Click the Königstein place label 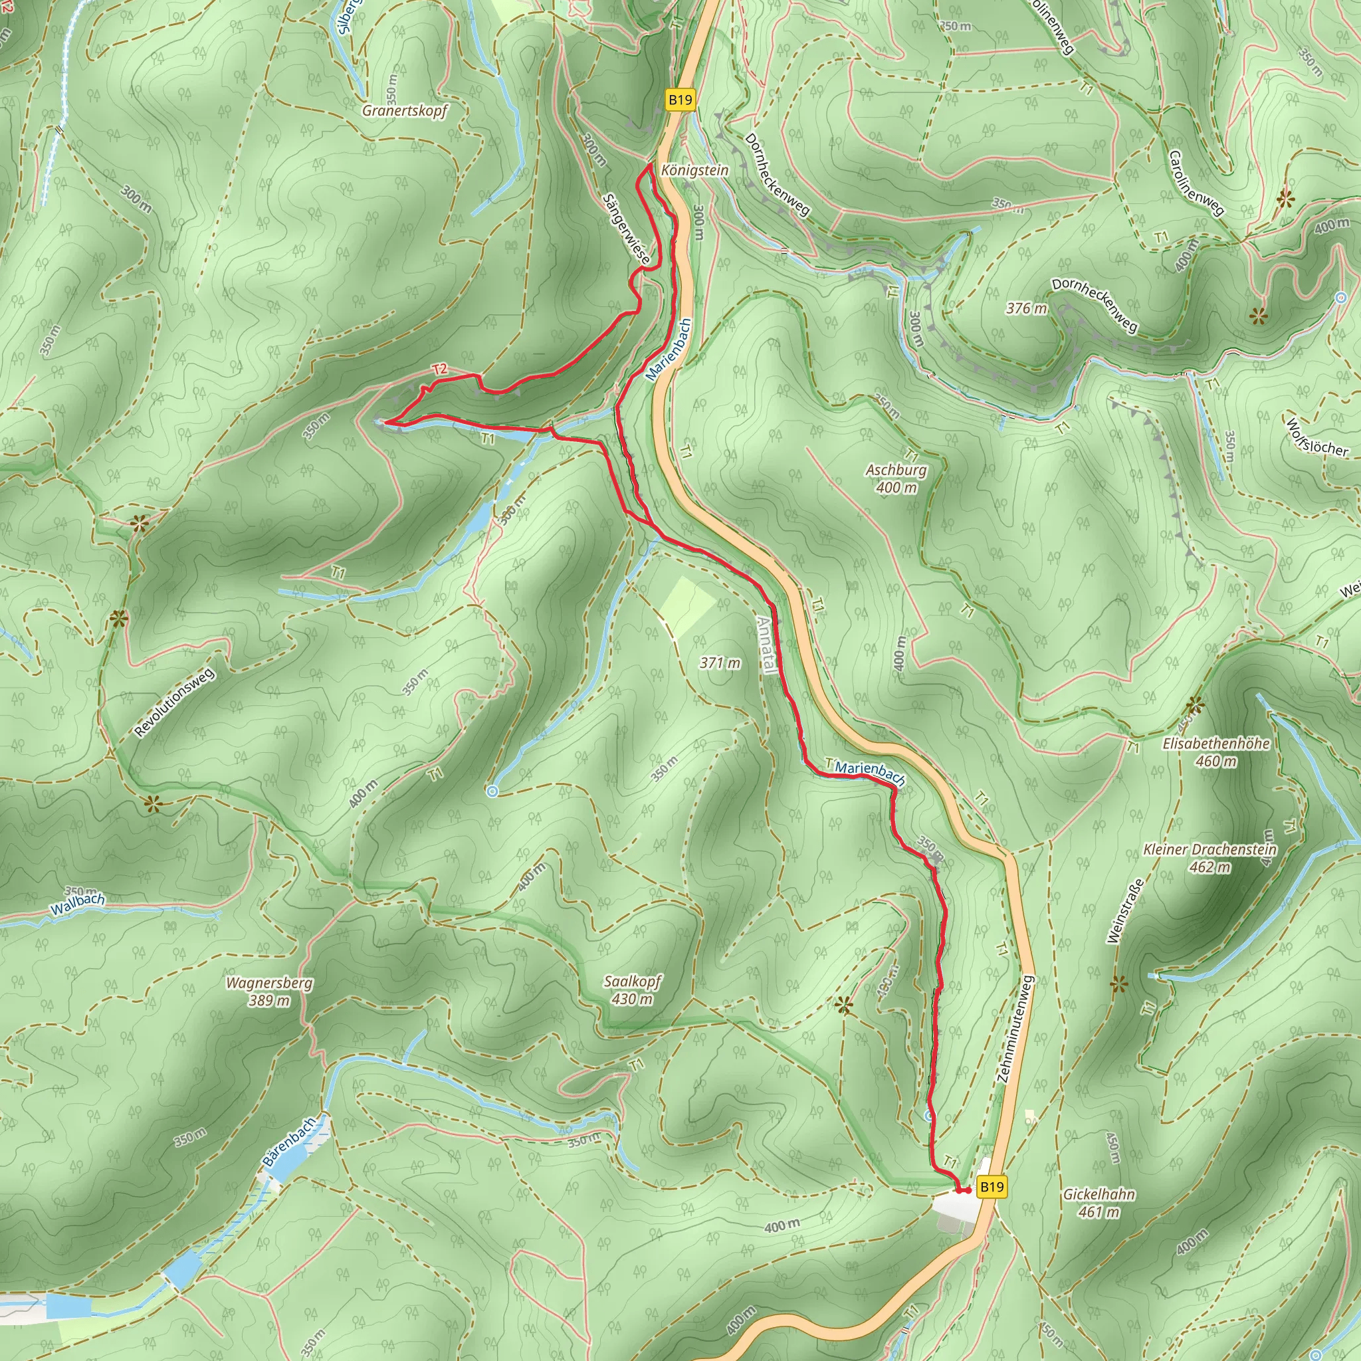[694, 171]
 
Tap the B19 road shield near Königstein [680, 100]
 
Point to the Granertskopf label [405, 110]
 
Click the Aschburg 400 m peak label [896, 478]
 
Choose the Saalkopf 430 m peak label [632, 990]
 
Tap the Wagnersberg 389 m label [269, 991]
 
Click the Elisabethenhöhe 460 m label [1216, 752]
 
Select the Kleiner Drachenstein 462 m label [1209, 858]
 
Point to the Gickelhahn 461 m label [1099, 1202]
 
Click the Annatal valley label [766, 645]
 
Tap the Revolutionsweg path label [174, 702]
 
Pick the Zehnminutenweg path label [1015, 1029]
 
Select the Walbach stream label [78, 904]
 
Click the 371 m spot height [719, 663]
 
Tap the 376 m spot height [1025, 308]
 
